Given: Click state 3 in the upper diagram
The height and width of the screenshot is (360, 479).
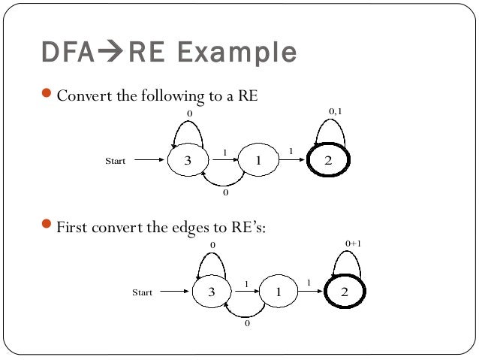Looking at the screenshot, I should (x=187, y=160).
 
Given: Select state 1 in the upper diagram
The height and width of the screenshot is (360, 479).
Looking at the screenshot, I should (x=258, y=160).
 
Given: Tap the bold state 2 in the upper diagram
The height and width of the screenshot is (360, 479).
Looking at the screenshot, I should (x=328, y=160).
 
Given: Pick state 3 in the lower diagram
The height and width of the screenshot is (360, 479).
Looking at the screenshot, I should (x=212, y=292).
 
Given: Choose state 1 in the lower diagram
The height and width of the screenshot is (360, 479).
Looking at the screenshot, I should (x=277, y=293).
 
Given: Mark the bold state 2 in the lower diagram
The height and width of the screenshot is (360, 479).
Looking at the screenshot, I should (x=345, y=292).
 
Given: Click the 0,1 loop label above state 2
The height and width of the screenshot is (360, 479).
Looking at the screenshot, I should (x=336, y=111).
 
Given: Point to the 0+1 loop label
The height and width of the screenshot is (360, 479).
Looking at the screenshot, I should (x=354, y=244).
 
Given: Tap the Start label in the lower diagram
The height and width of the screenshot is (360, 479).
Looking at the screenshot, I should (x=142, y=293).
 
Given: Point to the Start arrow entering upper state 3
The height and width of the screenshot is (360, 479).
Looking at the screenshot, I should (x=150, y=160).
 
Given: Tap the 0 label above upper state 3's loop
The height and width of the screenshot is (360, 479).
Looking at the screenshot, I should (x=189, y=112).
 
